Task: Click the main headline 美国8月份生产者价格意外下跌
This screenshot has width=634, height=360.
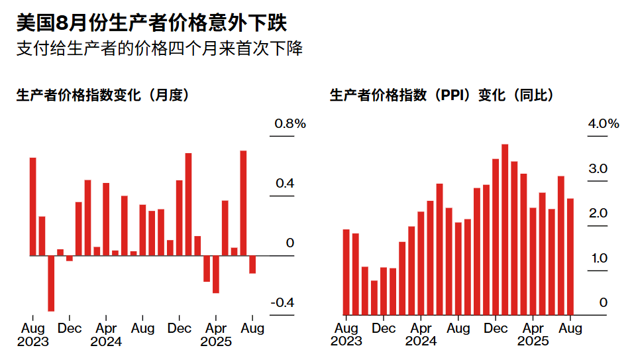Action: [152, 24]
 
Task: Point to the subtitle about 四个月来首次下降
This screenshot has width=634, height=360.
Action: [159, 50]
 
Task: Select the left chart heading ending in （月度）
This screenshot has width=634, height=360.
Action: [103, 95]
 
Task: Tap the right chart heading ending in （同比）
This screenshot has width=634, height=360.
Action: [441, 95]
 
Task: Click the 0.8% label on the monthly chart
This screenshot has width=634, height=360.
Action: [290, 124]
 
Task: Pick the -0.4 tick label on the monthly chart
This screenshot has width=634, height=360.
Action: [282, 302]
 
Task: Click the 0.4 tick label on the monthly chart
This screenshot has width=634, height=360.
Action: [285, 184]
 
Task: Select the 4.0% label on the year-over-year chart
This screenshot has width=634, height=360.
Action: [603, 124]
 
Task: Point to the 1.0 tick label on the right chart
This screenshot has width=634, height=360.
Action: [598, 258]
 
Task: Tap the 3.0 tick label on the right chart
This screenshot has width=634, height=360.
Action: [598, 169]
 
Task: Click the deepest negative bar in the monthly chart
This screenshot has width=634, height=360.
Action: [51, 283]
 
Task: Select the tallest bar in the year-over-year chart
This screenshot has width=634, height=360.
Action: [505, 229]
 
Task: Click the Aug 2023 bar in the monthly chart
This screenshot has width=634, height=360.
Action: [32, 206]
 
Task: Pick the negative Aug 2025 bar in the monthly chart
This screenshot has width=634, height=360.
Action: [252, 265]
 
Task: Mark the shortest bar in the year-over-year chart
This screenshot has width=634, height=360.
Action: [374, 298]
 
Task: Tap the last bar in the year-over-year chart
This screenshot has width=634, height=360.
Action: [570, 257]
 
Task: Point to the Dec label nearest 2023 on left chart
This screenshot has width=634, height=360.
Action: [70, 328]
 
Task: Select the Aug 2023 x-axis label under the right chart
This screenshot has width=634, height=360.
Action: [346, 334]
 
